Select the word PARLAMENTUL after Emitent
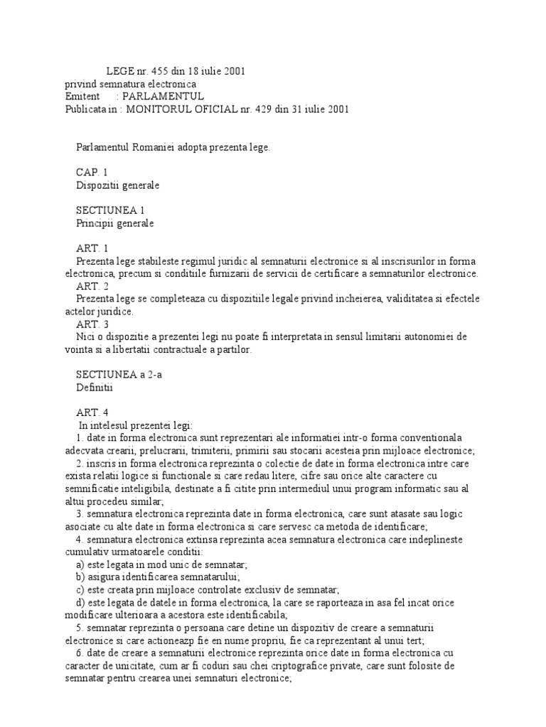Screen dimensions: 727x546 (x=163, y=96)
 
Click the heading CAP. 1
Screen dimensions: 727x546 (x=92, y=173)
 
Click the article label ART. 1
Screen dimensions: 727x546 (x=92, y=249)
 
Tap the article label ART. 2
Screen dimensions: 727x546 (x=92, y=287)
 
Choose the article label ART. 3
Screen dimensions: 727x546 (x=92, y=324)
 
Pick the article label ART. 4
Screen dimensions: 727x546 (x=92, y=412)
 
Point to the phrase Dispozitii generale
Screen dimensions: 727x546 (x=118, y=185)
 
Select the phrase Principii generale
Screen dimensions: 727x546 (x=115, y=224)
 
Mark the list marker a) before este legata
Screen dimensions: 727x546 (x=80, y=564)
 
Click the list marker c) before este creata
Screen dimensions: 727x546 (x=80, y=589)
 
